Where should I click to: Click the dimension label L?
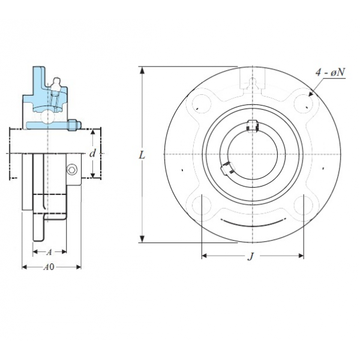click(x=142, y=155)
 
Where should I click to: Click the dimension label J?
click(x=251, y=256)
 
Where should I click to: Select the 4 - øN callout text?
click(x=330, y=73)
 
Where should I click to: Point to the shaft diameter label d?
click(x=92, y=154)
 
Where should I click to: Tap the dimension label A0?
click(x=49, y=267)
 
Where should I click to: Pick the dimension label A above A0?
click(x=49, y=252)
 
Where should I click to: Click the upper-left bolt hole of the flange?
click(x=202, y=104)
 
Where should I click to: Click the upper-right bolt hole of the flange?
click(x=304, y=104)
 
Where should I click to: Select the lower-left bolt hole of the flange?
click(x=202, y=205)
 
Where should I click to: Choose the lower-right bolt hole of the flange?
click(x=304, y=205)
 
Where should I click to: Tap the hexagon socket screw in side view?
click(x=71, y=170)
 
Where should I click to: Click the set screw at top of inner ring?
click(x=253, y=126)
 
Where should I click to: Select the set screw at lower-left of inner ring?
click(x=227, y=168)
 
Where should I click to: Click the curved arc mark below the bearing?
click(x=253, y=222)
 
